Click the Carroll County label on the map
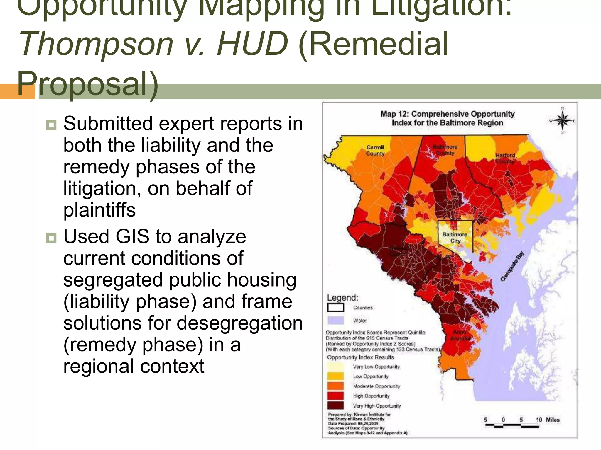[375, 150]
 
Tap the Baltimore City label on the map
[455, 237]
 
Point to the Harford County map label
[505, 158]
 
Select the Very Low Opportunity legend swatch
[335, 367]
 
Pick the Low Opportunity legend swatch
[335, 376]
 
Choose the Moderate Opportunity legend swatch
[335, 386]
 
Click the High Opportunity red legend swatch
[335, 396]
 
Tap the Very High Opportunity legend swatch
[335, 405]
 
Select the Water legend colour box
[335, 320]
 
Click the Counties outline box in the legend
[335, 308]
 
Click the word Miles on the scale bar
[553, 420]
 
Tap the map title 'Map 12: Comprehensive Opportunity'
[448, 114]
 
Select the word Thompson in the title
[96, 44]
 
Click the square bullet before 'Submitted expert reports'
[51, 125]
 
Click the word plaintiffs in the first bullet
[99, 210]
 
